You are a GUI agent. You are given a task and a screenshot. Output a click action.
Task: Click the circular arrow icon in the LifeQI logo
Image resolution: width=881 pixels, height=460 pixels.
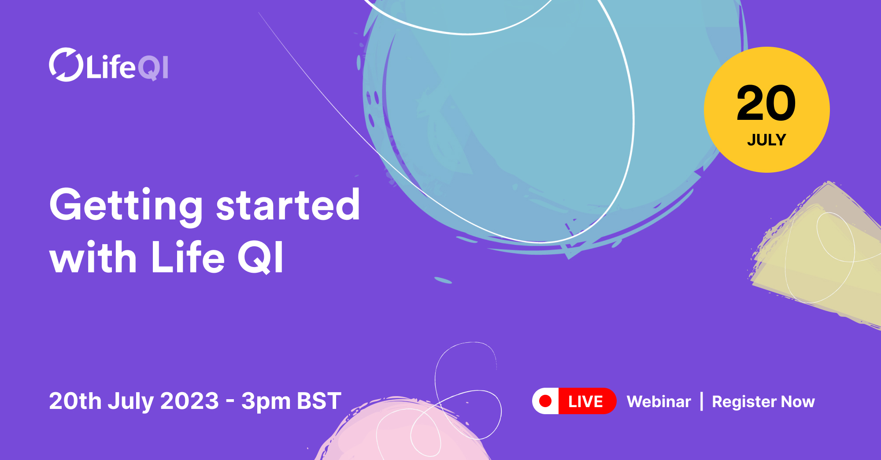pyautogui.click(x=66, y=65)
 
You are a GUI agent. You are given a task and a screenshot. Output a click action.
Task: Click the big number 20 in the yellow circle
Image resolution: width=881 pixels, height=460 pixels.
pyautogui.click(x=766, y=104)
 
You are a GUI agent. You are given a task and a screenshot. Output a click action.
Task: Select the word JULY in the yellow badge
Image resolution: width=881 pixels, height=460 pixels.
pyautogui.click(x=766, y=140)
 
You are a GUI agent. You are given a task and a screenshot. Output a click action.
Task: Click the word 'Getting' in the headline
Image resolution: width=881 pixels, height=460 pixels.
pyautogui.click(x=126, y=205)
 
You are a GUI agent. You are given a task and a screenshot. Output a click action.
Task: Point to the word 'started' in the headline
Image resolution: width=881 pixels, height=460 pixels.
pyautogui.click(x=288, y=205)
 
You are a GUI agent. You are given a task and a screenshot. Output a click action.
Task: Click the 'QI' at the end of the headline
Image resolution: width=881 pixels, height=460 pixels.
pyautogui.click(x=260, y=258)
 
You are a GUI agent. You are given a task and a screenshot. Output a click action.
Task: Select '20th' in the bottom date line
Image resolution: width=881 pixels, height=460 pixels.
pyautogui.click(x=75, y=401)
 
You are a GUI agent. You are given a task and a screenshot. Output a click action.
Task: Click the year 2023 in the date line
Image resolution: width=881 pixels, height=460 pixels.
pyautogui.click(x=189, y=401)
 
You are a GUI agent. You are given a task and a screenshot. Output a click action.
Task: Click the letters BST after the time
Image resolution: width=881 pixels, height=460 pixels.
pyautogui.click(x=319, y=401)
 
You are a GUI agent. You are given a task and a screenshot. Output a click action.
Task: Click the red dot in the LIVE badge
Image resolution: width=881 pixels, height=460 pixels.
pyautogui.click(x=545, y=401)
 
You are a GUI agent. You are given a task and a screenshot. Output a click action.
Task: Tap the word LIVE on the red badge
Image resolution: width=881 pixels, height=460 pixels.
pyautogui.click(x=585, y=401)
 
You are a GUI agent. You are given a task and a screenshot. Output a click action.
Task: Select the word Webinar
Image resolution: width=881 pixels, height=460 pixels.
pyautogui.click(x=659, y=401)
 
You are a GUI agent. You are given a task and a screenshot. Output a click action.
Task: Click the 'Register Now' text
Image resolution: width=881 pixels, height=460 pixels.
pyautogui.click(x=763, y=402)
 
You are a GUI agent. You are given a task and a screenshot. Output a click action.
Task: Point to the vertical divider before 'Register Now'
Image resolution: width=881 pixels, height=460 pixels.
pyautogui.click(x=702, y=401)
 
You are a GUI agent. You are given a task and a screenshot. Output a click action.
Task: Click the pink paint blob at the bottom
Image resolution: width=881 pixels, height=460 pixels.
pyautogui.click(x=396, y=436)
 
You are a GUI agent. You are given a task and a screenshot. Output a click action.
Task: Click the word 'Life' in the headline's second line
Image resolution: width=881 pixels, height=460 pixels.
pyautogui.click(x=188, y=258)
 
